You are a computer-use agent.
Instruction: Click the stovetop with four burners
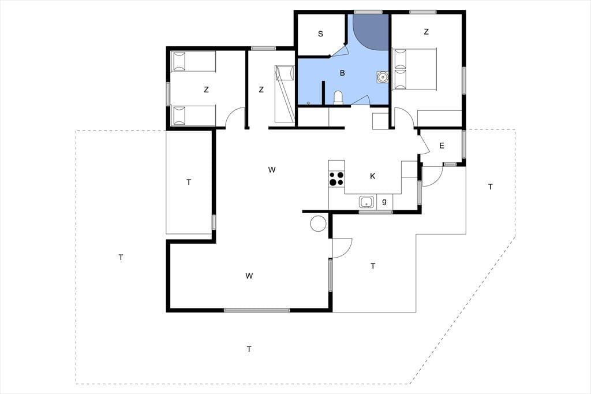336,179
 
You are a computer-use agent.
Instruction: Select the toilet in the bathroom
338,98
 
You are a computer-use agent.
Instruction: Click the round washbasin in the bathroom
383,77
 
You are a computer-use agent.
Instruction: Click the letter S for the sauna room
320,34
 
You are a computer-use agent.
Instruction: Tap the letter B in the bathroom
342,73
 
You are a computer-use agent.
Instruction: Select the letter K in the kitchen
372,176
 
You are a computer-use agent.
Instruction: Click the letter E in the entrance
442,146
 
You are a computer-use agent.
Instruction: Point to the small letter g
384,201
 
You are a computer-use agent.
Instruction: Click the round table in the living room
318,223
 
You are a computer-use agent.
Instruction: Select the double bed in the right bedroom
414,69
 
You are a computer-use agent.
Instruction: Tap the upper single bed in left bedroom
193,61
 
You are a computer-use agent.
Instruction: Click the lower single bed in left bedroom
193,116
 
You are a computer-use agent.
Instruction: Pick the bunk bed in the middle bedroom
284,94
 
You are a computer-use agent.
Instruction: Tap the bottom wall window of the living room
257,310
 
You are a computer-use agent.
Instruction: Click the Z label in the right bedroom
427,32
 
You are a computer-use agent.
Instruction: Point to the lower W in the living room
249,276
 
